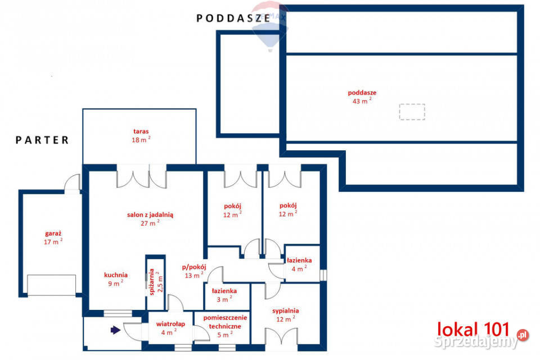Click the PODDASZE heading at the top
233,18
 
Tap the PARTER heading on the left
42,140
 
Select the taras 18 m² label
141,136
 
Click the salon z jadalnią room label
150,219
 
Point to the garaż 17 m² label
53,238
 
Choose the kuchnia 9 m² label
116,279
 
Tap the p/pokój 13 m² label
194,271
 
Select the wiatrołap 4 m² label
170,328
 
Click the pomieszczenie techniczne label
225,326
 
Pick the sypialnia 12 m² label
286,315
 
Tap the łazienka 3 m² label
224,295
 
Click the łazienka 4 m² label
299,264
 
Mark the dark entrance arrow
115,330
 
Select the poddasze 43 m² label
362,97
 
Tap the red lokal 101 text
473,329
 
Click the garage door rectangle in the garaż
52,285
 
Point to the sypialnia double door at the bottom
281,336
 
